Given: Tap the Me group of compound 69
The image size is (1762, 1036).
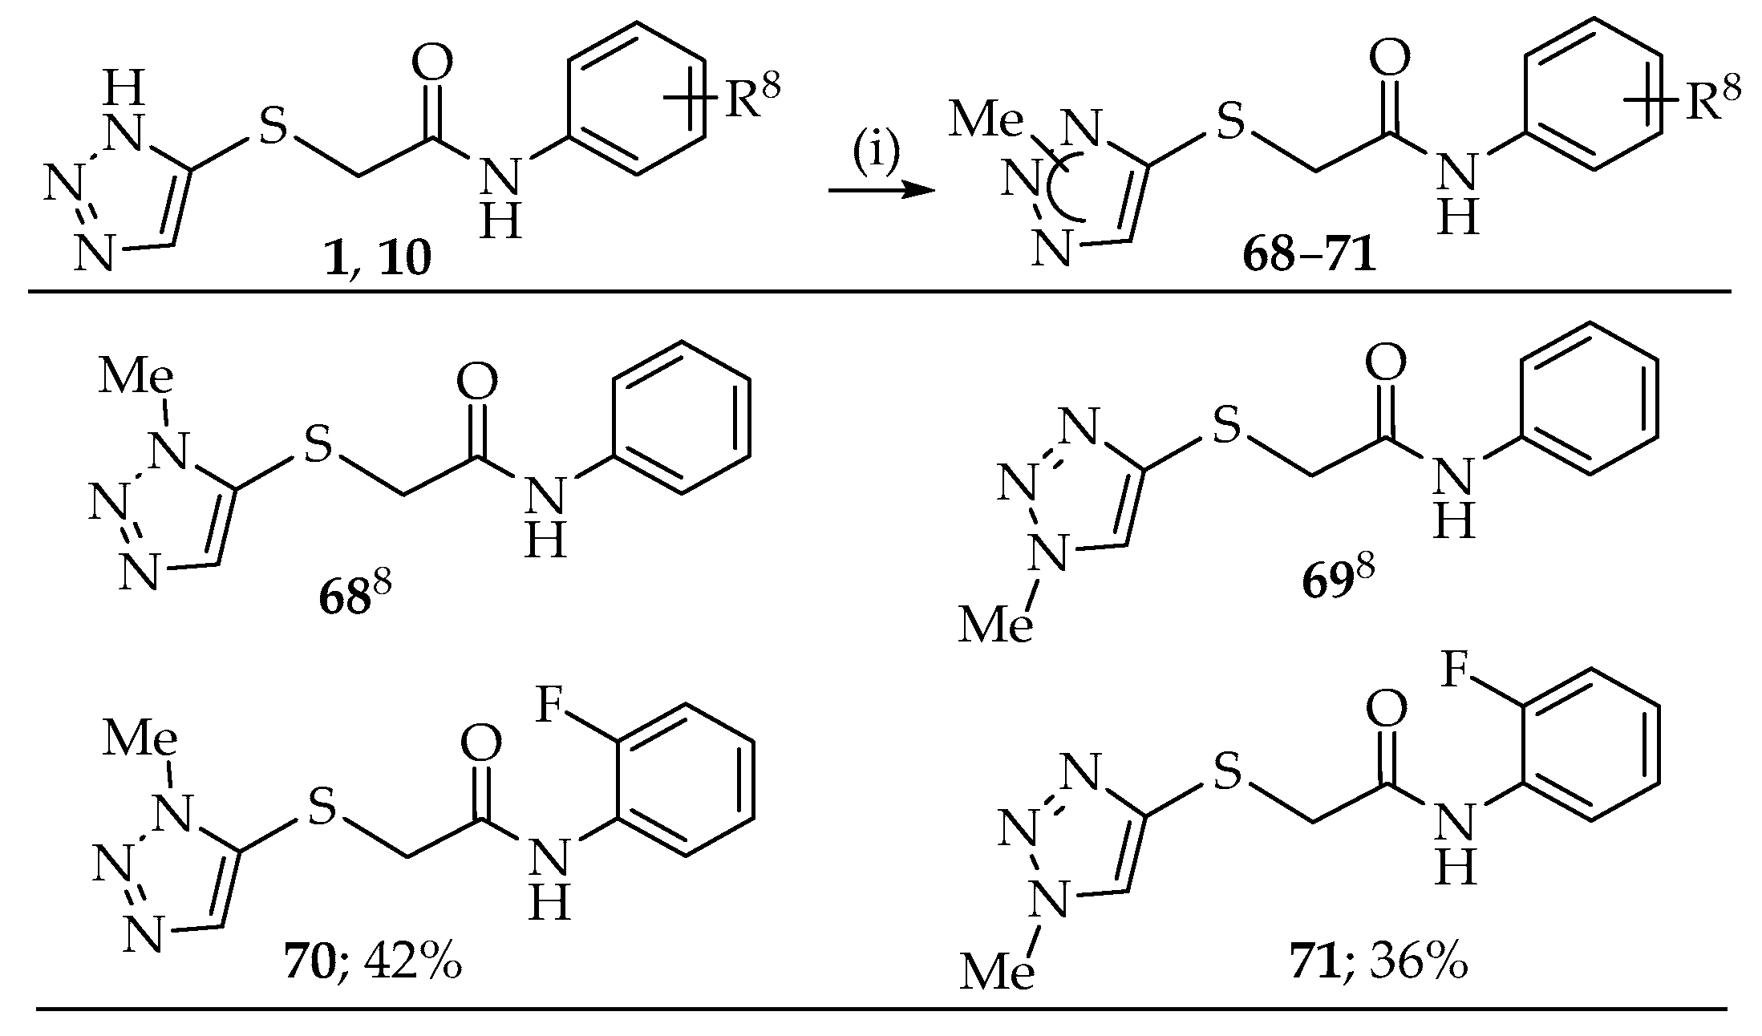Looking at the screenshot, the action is point(994,624).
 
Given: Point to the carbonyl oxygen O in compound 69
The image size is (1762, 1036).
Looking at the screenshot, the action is point(1385,362).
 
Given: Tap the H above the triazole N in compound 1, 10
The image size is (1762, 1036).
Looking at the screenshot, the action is point(126,87).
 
